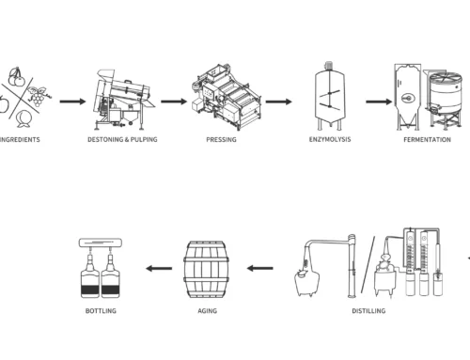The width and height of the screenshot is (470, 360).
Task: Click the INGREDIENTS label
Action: pyautogui.click(x=20, y=140)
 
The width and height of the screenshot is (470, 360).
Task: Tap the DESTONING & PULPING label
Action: pyautogui.click(x=122, y=139)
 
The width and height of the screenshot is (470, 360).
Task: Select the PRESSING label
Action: pyautogui.click(x=221, y=139)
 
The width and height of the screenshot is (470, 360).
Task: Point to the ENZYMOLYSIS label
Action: pyautogui.click(x=330, y=139)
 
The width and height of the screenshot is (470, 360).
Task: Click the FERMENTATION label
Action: pyautogui.click(x=427, y=140)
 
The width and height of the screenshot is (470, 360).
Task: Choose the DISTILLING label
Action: pyautogui.click(x=368, y=311)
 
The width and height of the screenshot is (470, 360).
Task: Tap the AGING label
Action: pyautogui.click(x=208, y=311)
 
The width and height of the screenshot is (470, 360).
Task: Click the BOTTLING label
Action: pyautogui.click(x=101, y=311)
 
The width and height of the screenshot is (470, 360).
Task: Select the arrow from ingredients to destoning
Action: pyautogui.click(x=72, y=102)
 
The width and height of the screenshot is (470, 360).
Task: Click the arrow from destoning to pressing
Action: pyautogui.click(x=174, y=102)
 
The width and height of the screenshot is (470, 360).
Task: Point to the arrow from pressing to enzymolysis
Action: pyautogui.click(x=278, y=102)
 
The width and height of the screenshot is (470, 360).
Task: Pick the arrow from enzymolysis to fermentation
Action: pyautogui.click(x=379, y=102)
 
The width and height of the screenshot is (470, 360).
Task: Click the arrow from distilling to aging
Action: pyautogui.click(x=259, y=268)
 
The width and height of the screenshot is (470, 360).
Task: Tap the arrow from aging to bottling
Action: pyautogui.click(x=159, y=268)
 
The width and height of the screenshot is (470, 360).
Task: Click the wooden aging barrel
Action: pyautogui.click(x=206, y=270)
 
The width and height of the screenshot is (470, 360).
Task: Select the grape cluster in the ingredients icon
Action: pyautogui.click(x=38, y=96)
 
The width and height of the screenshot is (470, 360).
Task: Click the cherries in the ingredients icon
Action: pyautogui.click(x=16, y=77)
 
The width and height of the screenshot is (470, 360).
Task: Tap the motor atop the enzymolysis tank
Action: pyautogui.click(x=329, y=66)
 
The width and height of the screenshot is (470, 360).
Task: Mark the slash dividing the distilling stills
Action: pyautogui.click(x=368, y=265)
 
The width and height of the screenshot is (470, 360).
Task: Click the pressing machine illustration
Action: pyautogui.click(x=227, y=97)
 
